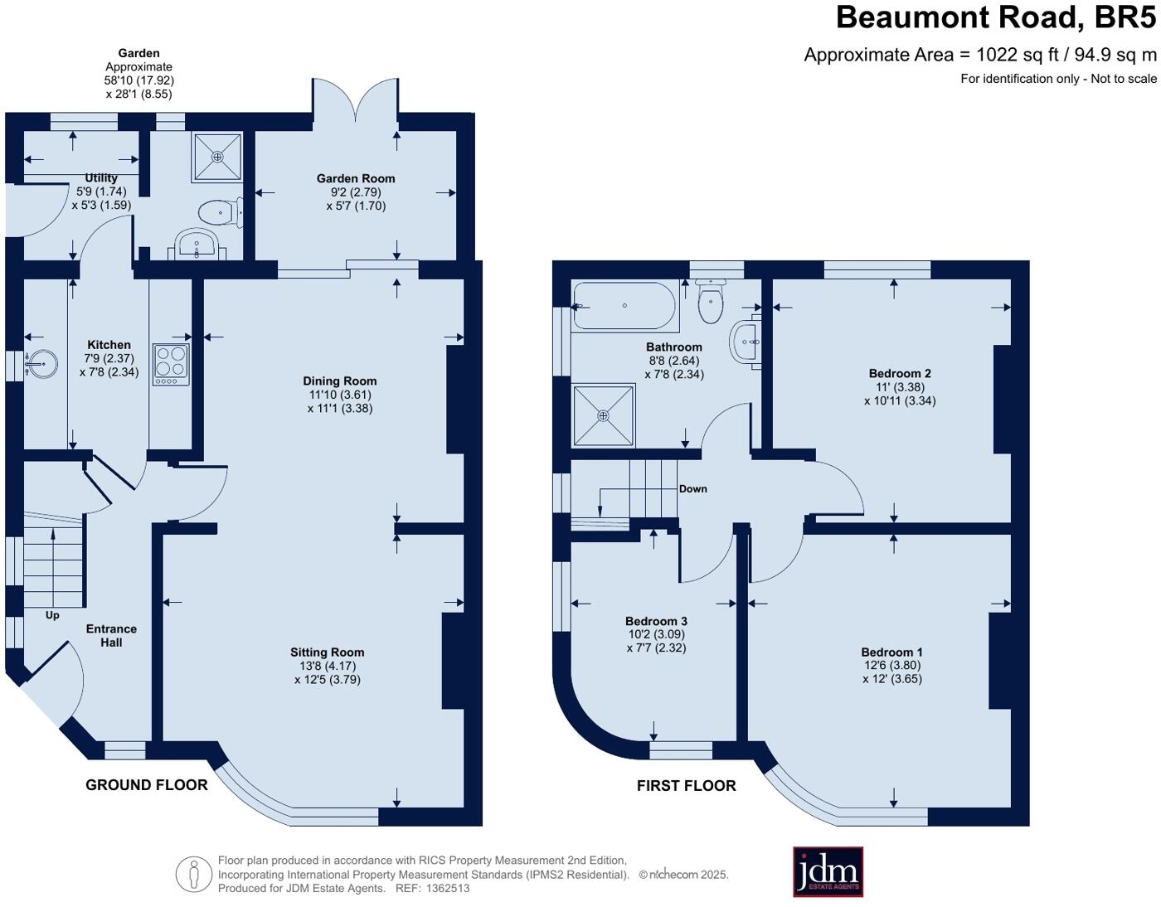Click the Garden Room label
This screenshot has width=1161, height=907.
[356, 178]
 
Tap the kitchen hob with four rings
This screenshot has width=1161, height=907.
[171, 363]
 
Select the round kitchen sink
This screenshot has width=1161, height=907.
[41, 363]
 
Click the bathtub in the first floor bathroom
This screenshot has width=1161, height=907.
[624, 305]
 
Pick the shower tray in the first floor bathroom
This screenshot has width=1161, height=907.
[604, 415]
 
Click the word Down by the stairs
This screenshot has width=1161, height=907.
[692, 488]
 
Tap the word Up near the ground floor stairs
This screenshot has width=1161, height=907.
[52, 615]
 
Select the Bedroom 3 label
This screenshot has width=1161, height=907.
[656, 621]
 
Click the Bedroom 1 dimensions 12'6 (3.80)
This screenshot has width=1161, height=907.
[891, 665]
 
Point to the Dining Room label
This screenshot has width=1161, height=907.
[340, 381]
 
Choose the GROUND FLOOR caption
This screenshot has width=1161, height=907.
[147, 785]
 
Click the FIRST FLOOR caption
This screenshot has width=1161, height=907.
[686, 786]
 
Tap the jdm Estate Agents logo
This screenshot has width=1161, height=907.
[828, 871]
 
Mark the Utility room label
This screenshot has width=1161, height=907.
[101, 177]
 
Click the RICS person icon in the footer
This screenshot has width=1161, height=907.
[194, 875]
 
